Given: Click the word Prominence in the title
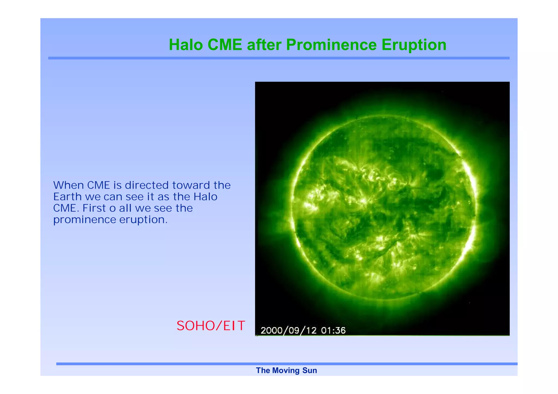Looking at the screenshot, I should point(331,45).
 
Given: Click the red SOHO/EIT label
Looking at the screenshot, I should point(211,326).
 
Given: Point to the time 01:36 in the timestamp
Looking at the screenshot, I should point(333,331).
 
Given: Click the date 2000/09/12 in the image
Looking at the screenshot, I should point(289,331).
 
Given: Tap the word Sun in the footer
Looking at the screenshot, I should point(310,371).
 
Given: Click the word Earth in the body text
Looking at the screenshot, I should point(67,197).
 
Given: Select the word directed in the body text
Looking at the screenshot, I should point(147,185).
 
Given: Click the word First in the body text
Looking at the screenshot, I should point(94,208).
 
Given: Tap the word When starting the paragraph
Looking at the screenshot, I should point(68,185).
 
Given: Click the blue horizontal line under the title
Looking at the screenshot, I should point(278,58).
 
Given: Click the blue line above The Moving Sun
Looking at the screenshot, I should point(286,364).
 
